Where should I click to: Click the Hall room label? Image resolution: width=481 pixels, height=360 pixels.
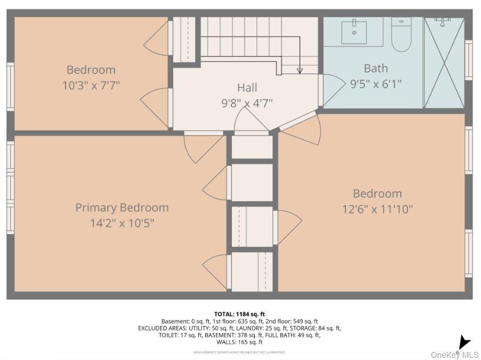(247, 87)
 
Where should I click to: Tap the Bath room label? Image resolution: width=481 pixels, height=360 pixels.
(376, 68)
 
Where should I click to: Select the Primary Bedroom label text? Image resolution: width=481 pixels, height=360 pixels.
(122, 207)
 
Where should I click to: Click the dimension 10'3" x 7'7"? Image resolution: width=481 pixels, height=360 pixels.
(91, 85)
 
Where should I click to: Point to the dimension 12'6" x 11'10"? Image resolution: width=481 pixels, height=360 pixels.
(377, 209)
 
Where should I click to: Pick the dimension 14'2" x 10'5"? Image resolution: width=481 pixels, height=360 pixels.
(122, 223)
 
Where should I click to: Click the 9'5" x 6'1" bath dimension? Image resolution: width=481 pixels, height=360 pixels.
(376, 84)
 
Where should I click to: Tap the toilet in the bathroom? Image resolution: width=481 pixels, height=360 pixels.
(401, 34)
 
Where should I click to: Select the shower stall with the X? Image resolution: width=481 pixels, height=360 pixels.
(444, 63)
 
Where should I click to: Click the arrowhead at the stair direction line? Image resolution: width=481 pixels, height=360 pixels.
(300, 71)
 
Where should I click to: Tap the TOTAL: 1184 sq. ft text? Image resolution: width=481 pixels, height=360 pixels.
(239, 314)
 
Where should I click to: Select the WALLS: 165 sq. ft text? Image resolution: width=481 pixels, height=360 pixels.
(239, 342)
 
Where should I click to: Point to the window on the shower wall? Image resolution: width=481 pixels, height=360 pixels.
(468, 59)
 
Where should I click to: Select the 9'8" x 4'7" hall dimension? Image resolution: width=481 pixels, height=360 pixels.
(247, 103)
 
